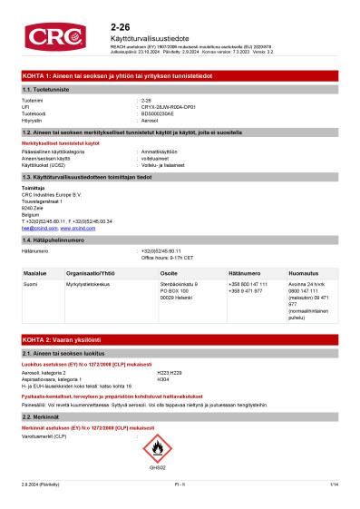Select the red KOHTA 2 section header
point(180,337)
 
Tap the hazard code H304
point(163,377)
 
